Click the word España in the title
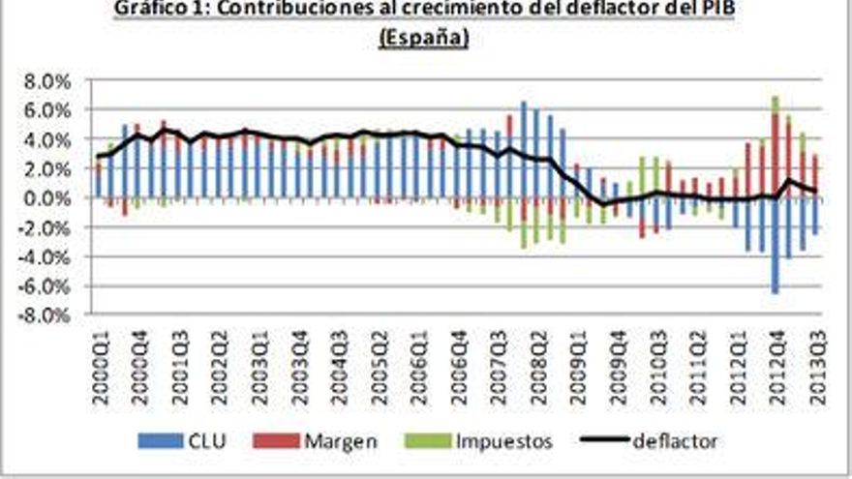(x=424, y=38)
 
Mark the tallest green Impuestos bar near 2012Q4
(x=776, y=105)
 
